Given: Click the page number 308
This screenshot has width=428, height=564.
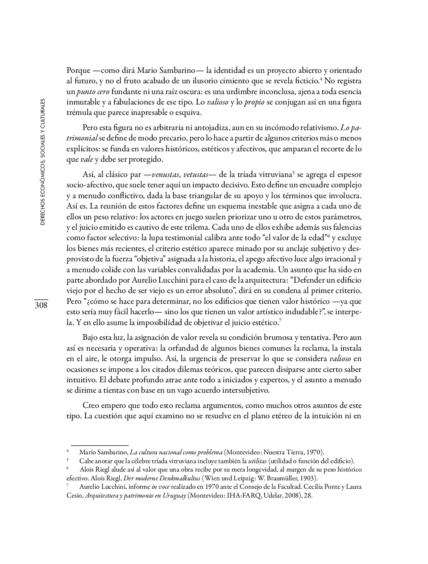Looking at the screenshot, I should tap(41, 305).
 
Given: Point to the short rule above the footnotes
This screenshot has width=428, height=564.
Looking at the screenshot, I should tap(99, 445).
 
